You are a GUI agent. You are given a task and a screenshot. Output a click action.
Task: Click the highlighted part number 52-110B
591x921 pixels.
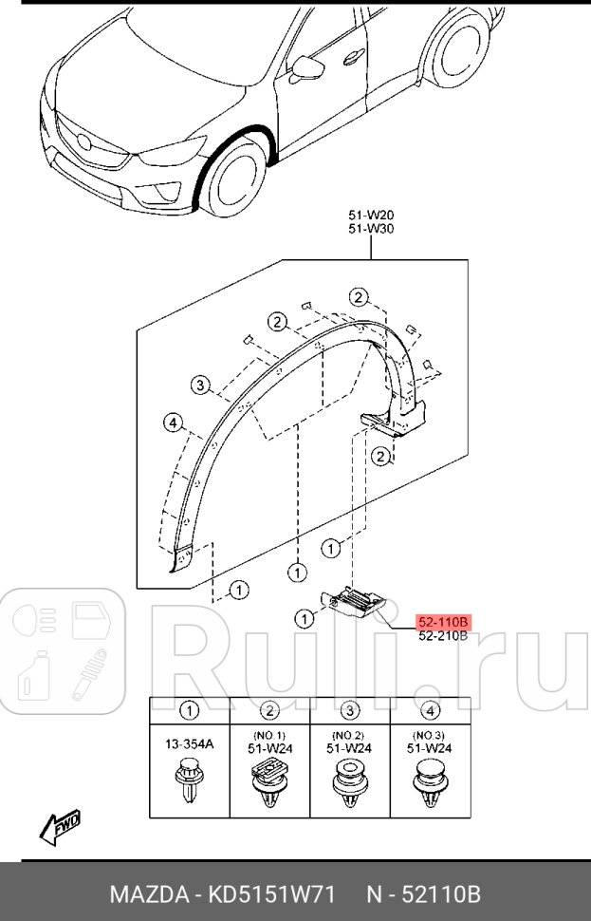click(443, 622)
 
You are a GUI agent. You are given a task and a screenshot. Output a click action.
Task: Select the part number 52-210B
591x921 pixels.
click(443, 636)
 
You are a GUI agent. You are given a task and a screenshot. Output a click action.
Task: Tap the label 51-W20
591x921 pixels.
click(371, 215)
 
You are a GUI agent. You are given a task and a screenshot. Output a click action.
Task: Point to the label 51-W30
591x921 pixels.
click(371, 229)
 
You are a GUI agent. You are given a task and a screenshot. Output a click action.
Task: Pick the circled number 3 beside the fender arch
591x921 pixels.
click(199, 385)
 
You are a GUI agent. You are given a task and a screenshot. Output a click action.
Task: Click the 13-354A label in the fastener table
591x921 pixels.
click(190, 744)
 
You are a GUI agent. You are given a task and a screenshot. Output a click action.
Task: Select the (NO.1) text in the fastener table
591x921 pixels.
click(270, 735)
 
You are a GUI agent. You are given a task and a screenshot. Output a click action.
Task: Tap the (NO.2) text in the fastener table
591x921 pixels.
click(351, 735)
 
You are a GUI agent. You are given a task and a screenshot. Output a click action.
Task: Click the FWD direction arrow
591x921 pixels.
click(60, 825)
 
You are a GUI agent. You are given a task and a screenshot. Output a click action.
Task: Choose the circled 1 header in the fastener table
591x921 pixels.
click(190, 709)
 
